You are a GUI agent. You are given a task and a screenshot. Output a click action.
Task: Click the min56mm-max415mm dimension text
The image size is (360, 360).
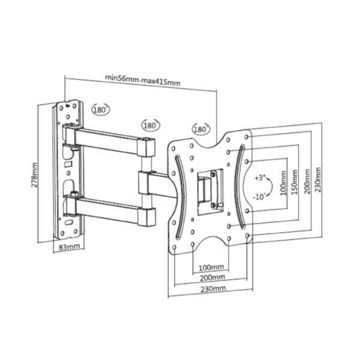[x=142, y=80]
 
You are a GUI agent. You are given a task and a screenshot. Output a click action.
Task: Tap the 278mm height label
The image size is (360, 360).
[x=34, y=175]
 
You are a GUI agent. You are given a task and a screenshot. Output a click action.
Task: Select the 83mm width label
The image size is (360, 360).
[x=70, y=247]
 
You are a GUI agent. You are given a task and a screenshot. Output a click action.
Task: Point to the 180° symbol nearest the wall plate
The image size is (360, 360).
[x=101, y=110]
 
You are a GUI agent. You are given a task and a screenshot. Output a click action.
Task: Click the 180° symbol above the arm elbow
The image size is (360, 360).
[x=151, y=125]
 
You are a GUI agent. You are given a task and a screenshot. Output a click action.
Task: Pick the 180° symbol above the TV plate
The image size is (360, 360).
[x=202, y=129]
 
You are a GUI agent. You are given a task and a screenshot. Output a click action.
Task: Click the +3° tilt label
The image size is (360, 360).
[x=260, y=178]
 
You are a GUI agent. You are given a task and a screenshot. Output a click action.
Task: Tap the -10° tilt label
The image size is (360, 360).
[x=259, y=197]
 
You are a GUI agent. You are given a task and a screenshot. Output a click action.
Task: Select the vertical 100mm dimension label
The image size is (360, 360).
[x=284, y=183]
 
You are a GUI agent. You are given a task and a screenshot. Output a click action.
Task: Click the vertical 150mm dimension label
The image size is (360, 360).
[x=295, y=182]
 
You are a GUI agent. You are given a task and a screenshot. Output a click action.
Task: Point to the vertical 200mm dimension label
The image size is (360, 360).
[x=308, y=181]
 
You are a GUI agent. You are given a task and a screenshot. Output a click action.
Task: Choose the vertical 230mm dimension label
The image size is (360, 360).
[x=318, y=180]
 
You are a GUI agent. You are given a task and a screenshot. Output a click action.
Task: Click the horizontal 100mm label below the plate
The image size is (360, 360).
[x=211, y=267]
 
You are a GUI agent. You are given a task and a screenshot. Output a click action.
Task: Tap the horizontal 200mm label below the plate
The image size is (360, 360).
[x=212, y=278]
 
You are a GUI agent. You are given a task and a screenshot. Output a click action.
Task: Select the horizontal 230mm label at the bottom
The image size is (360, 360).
[x=213, y=289]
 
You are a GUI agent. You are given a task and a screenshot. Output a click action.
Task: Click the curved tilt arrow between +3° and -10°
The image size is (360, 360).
[x=271, y=187]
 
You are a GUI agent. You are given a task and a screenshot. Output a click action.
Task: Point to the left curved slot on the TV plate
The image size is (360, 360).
[x=181, y=197]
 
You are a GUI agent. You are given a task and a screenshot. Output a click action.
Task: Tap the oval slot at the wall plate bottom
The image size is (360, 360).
[x=68, y=222]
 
